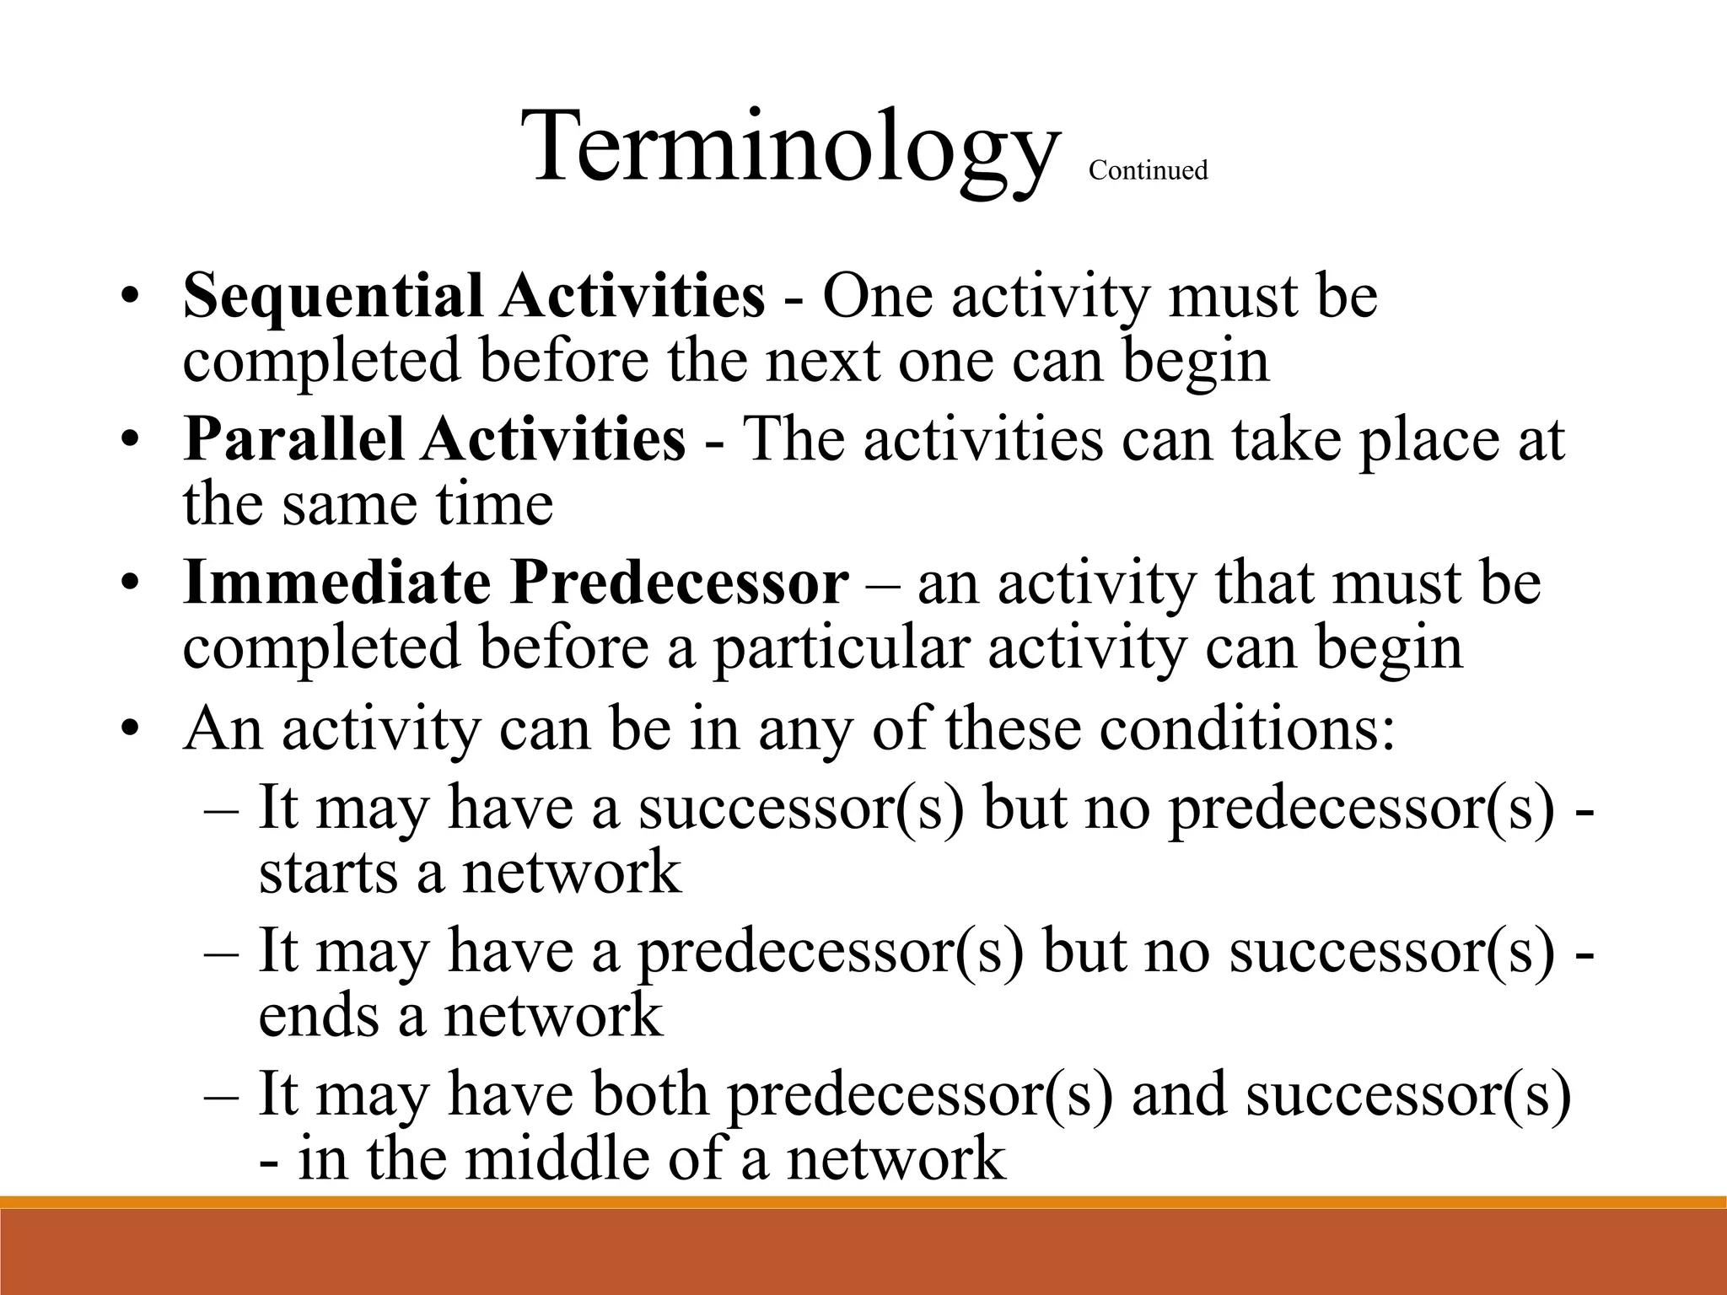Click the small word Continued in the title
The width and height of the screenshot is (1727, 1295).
click(1148, 170)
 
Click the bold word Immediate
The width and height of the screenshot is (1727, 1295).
click(336, 583)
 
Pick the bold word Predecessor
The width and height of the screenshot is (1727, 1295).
click(679, 583)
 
